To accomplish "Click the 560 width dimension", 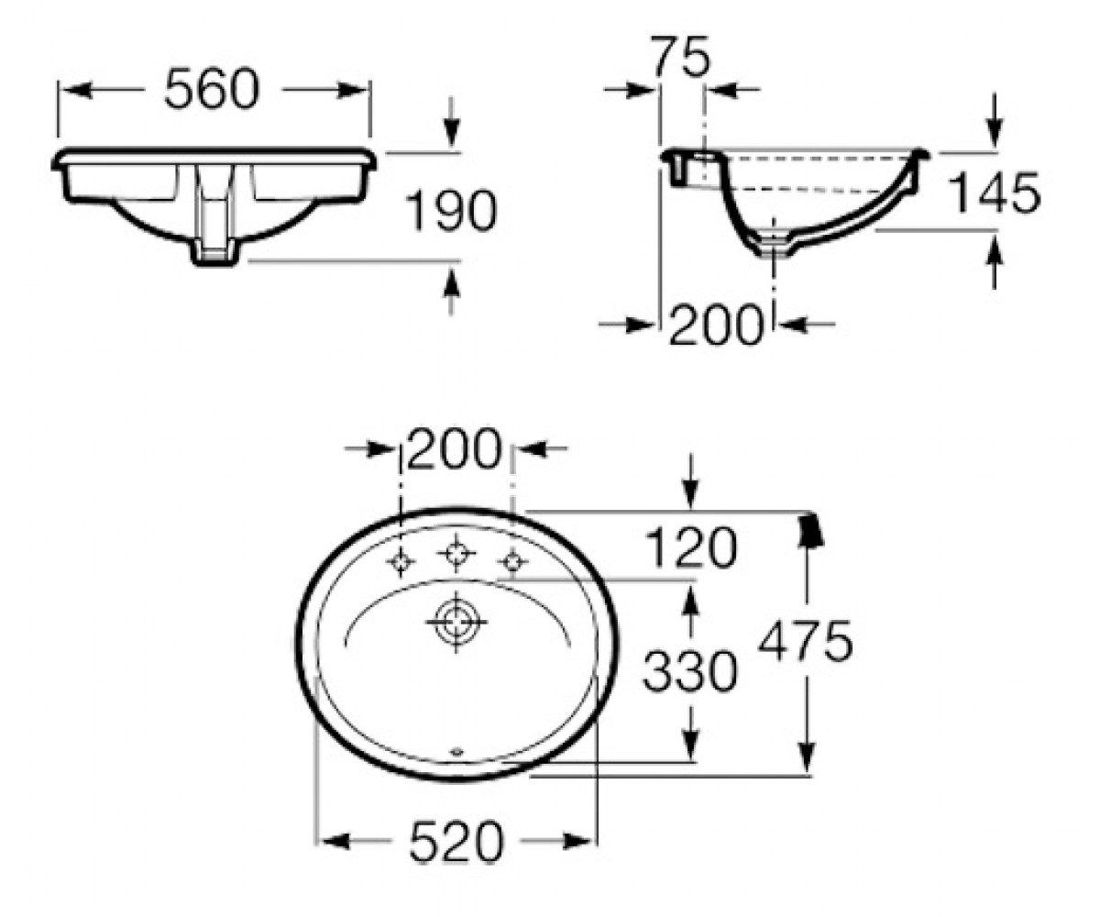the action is pyautogui.click(x=212, y=90).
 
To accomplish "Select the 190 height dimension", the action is pyautogui.click(x=452, y=211).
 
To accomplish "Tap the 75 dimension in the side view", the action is pyautogui.click(x=682, y=56).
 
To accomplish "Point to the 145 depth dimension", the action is pyautogui.click(x=995, y=193).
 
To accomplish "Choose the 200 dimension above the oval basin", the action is pyautogui.click(x=454, y=448).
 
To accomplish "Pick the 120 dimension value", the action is pyautogui.click(x=691, y=547).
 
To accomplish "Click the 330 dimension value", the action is pyautogui.click(x=690, y=671).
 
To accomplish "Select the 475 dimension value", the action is pyautogui.click(x=805, y=641).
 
